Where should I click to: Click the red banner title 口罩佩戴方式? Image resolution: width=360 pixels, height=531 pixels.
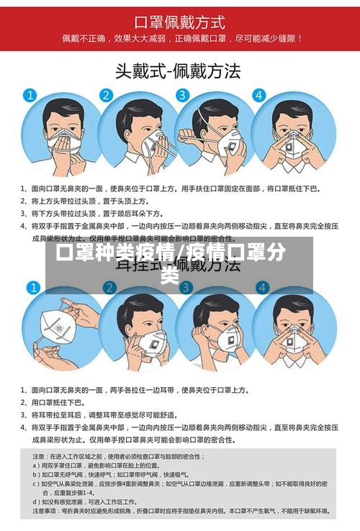pyautogui.click(x=180, y=22)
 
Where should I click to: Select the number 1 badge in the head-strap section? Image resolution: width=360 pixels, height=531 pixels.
pyautogui.click(x=30, y=95)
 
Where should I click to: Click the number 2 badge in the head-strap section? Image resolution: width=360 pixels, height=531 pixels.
pyautogui.click(x=106, y=95)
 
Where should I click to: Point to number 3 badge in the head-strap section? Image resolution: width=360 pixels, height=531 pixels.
pyautogui.click(x=183, y=95)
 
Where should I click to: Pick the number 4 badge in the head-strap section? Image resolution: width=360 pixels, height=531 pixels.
pyautogui.click(x=261, y=95)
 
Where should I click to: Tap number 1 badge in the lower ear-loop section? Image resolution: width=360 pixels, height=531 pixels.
pyautogui.click(x=30, y=289)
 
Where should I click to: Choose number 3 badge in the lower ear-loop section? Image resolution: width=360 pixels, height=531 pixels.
pyautogui.click(x=183, y=289)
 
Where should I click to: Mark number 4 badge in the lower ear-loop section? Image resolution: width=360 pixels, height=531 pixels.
pyautogui.click(x=261, y=289)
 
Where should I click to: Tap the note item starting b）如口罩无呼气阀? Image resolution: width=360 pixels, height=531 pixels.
pyautogui.click(x=108, y=474)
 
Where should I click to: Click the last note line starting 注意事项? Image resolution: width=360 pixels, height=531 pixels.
pyautogui.click(x=180, y=511)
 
